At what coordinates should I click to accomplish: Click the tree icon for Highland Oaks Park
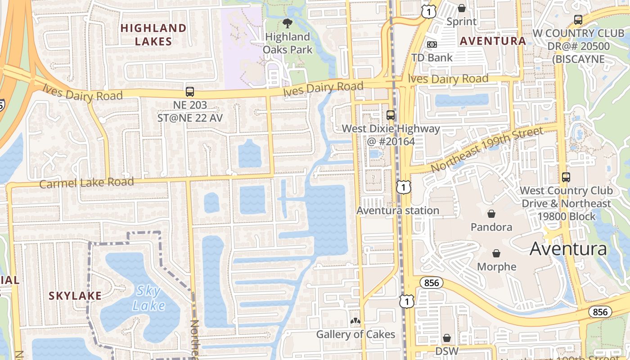[287, 23]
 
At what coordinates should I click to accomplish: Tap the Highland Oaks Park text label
[287, 43]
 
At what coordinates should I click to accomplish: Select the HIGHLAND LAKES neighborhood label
[153, 35]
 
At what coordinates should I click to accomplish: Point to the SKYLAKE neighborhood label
[75, 296]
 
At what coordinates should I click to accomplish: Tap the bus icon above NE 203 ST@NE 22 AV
[189, 92]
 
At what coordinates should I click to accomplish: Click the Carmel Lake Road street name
[86, 183]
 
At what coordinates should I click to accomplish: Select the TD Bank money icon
[432, 45]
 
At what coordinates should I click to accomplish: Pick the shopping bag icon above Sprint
[461, 8]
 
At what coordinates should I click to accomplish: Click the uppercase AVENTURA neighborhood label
[492, 41]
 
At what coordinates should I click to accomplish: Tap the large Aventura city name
[568, 248]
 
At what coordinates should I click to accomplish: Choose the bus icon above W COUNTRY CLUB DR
[578, 20]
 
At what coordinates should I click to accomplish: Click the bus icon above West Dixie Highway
[390, 115]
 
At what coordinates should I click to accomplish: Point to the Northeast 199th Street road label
[487, 150]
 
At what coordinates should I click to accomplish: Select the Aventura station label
[398, 211]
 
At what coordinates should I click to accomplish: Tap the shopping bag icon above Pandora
[491, 213]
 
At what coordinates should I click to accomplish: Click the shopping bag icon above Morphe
[496, 253]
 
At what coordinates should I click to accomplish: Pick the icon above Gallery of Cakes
[355, 321]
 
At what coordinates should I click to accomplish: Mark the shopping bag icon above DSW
[446, 337]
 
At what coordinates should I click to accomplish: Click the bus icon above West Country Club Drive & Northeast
[566, 177]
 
